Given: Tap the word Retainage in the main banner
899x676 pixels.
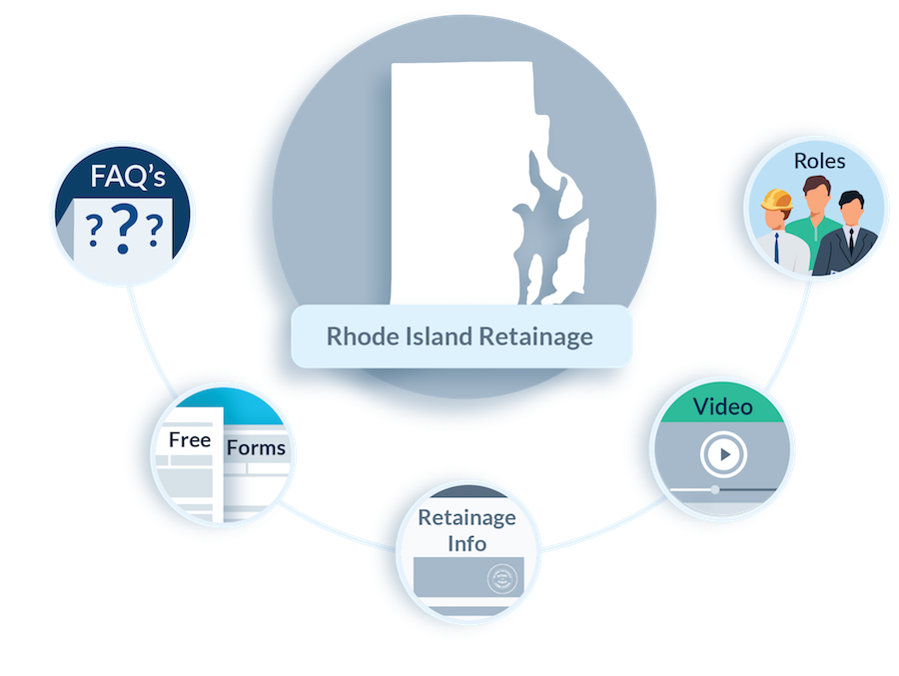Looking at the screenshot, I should (x=537, y=336).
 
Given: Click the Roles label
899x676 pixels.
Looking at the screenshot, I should (x=818, y=160).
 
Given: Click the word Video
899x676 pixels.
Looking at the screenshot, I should (x=722, y=406).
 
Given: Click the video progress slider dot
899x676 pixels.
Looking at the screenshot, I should (x=715, y=490).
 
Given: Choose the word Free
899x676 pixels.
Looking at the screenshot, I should (x=190, y=440).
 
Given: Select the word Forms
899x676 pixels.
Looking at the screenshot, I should (x=256, y=448).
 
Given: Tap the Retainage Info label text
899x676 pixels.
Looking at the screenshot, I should (x=466, y=530).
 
